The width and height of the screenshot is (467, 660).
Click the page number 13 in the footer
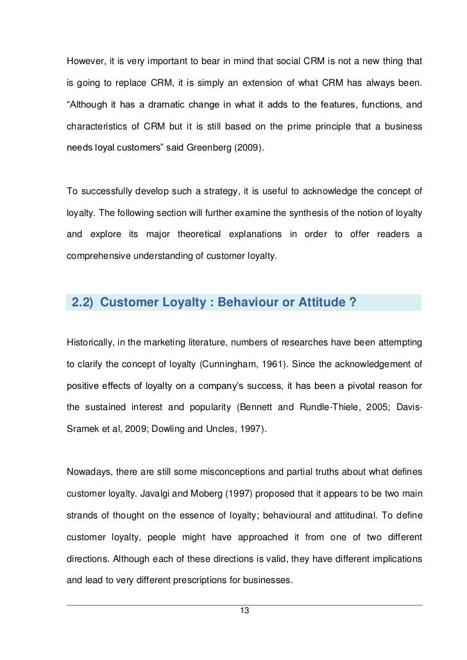click(242, 610)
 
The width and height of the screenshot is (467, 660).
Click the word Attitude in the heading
click(318, 303)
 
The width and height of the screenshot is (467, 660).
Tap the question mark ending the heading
click(353, 303)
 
